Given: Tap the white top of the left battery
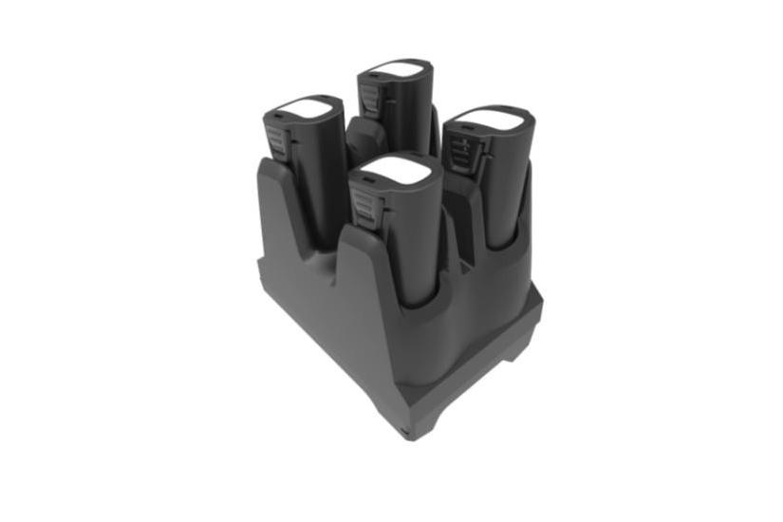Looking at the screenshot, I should tap(306, 106).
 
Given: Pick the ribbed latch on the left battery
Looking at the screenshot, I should tap(277, 140).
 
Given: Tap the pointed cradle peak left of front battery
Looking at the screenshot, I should tap(349, 237).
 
